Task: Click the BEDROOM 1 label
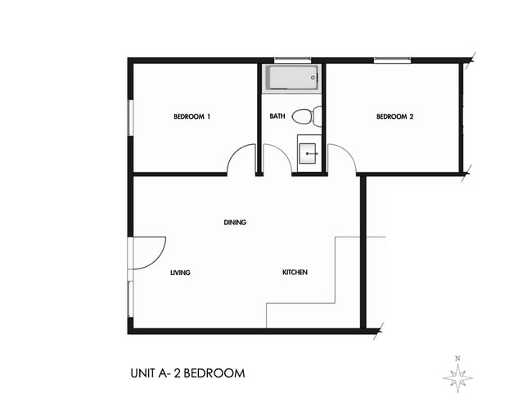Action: point(192,117)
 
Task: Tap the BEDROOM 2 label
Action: point(394,117)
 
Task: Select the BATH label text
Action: point(277,116)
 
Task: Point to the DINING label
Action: point(235,223)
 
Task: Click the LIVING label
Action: point(180,273)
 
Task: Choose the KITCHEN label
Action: point(295,273)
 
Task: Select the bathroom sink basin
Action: point(309,151)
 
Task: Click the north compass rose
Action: point(458,377)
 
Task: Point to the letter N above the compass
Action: point(458,358)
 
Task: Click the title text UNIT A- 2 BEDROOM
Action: point(187,374)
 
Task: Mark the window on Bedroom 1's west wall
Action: point(129,117)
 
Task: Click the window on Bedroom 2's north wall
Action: point(392,59)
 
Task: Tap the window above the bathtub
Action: point(292,59)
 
